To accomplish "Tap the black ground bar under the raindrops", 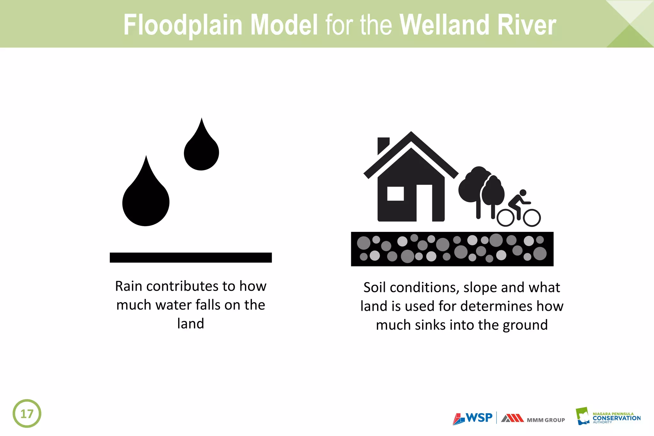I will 191,257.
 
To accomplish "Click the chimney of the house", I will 383,144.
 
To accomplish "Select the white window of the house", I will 395,194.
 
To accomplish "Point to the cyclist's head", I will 523,193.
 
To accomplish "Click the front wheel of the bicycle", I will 532,218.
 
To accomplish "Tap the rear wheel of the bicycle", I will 506,218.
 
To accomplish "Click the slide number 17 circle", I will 27,413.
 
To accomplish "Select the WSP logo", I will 473,418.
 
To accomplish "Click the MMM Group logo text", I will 545,420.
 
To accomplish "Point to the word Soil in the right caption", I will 375,287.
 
